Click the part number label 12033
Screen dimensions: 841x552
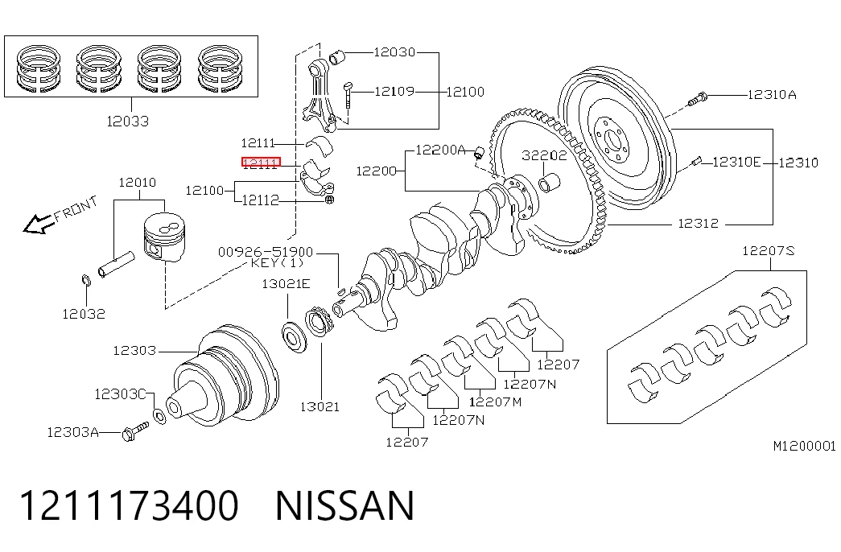[128, 122]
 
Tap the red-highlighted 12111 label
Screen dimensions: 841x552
[261, 163]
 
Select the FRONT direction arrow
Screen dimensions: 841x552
[39, 224]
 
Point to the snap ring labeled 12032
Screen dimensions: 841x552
[86, 280]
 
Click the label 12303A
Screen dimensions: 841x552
[73, 432]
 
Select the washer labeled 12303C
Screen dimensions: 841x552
[159, 416]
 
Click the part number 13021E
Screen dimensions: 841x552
[286, 284]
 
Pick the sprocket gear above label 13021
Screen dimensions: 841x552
[319, 321]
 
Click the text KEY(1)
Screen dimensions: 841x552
[278, 263]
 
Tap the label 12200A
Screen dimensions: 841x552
[440, 150]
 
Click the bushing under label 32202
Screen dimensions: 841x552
[549, 183]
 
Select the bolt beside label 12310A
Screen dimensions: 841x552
[698, 99]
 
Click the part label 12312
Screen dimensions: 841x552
[699, 223]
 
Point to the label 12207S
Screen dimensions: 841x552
[769, 250]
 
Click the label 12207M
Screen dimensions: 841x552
[495, 402]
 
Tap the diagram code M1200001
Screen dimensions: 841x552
[805, 446]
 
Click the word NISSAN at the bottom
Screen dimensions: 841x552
[345, 505]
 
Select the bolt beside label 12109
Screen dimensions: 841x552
[348, 95]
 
